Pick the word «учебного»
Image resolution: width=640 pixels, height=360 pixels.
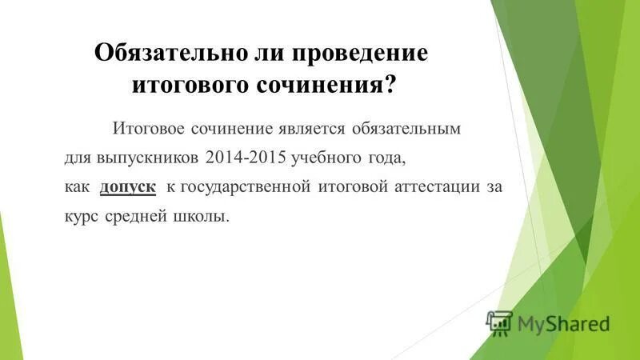(x=327, y=158)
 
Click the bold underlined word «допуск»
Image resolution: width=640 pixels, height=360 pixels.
(x=127, y=187)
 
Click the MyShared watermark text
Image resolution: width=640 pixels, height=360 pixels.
(x=563, y=323)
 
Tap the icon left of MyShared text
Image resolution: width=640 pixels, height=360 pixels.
(x=498, y=322)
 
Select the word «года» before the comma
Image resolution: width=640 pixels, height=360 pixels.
(x=385, y=158)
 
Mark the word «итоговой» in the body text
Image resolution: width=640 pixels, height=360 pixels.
(x=353, y=187)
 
